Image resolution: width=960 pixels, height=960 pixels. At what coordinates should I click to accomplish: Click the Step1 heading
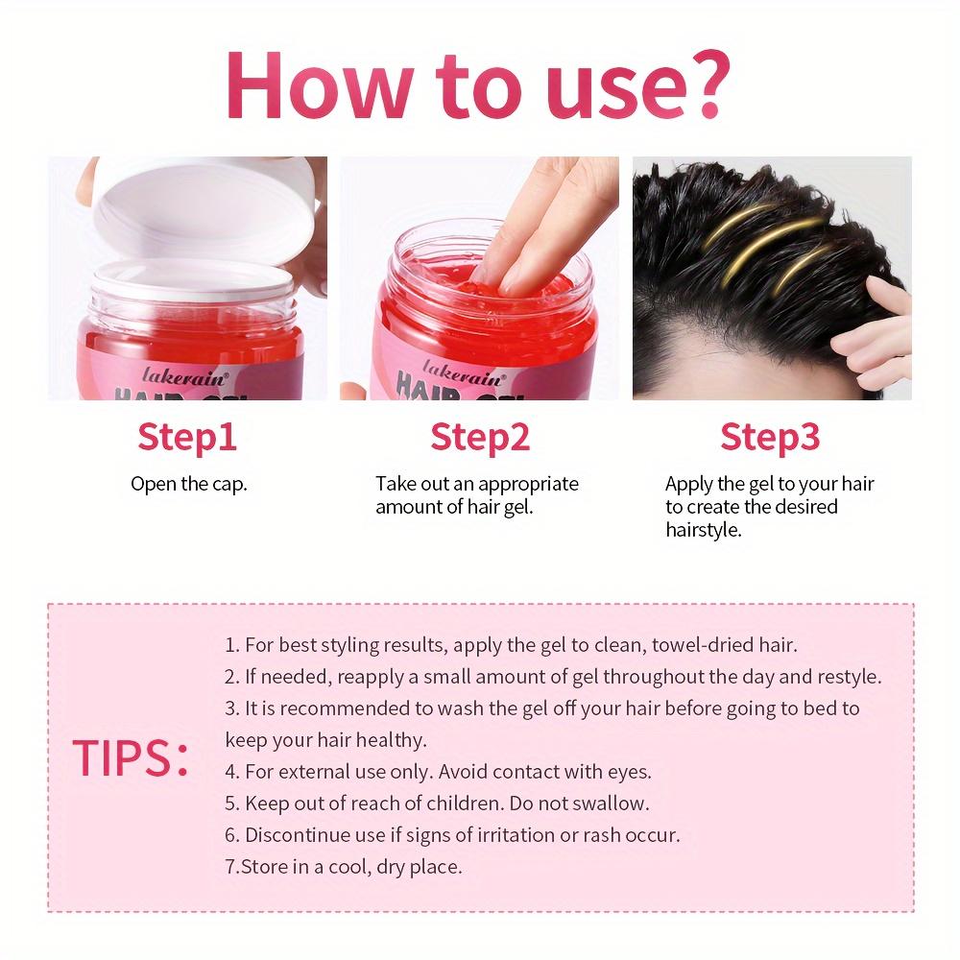click(x=187, y=437)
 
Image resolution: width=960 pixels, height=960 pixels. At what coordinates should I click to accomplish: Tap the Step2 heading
click(x=480, y=437)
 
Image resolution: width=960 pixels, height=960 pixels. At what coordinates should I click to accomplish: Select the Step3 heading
click(x=770, y=437)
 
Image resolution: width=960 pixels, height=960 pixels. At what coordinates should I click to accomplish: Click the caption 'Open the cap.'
click(x=189, y=484)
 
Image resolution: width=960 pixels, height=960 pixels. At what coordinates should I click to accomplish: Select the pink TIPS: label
click(x=130, y=758)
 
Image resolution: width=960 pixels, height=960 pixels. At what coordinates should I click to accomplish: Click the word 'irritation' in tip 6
click(x=511, y=834)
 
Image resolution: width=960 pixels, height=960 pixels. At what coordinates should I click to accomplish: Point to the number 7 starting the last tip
click(x=230, y=867)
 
